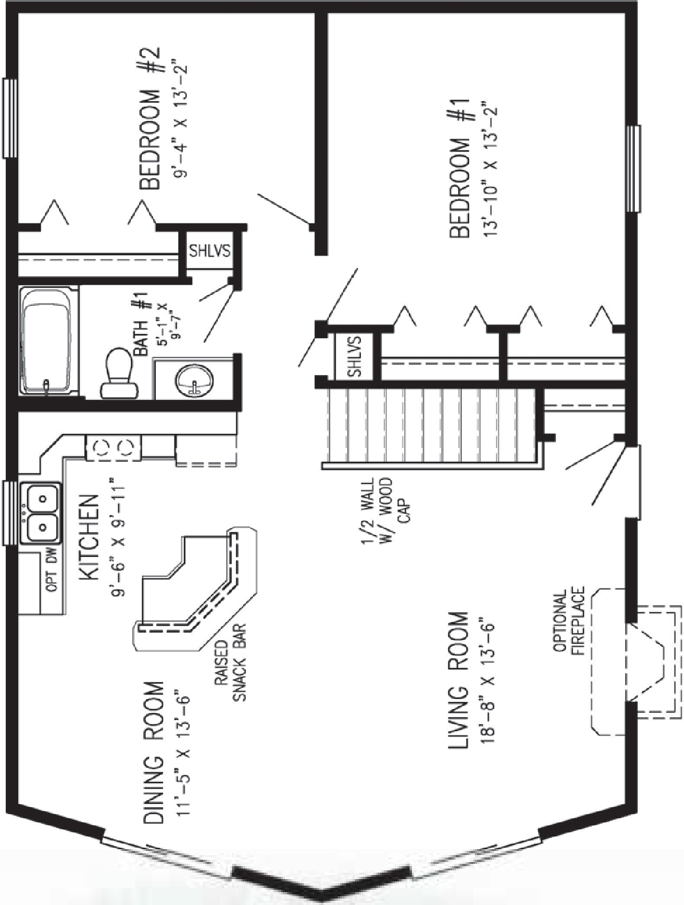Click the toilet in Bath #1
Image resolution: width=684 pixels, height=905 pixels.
coord(120,374)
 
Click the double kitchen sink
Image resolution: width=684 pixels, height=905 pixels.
coord(41,511)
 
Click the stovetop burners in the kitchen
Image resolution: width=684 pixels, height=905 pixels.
coord(113,448)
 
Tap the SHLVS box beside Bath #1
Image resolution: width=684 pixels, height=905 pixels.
coord(209,250)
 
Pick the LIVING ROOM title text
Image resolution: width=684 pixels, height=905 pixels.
coord(459,680)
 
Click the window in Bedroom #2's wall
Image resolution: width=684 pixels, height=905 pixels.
coord(9,118)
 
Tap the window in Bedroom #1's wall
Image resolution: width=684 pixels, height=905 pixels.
coord(633,168)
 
